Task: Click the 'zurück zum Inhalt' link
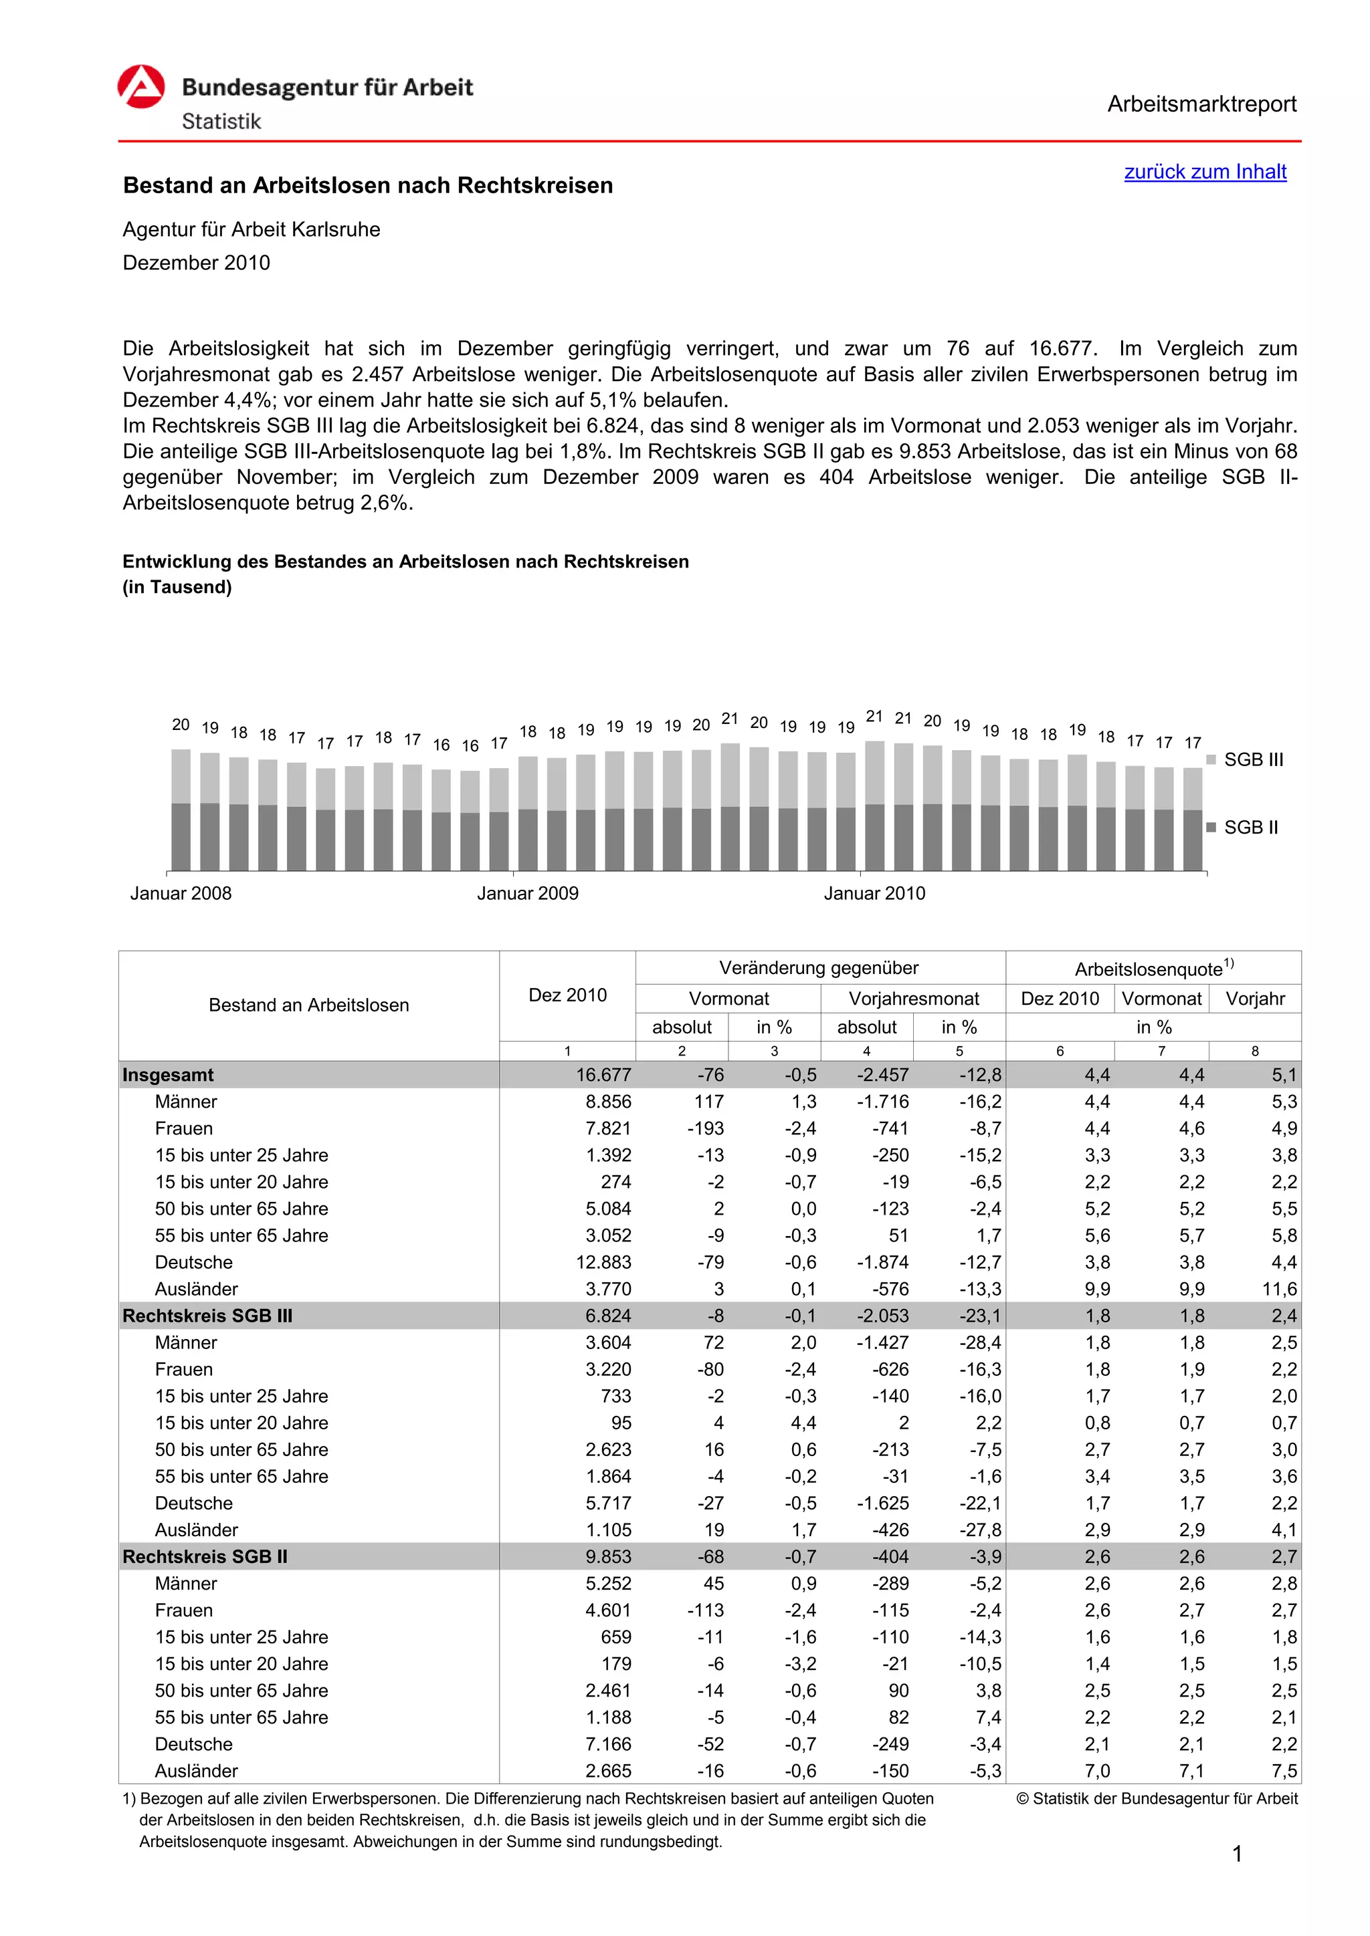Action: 1205,172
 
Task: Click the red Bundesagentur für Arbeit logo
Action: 141,88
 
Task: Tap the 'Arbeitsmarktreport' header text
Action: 1201,104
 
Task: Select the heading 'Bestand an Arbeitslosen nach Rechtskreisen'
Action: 368,185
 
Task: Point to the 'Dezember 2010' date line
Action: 197,263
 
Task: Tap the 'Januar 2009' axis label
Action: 527,894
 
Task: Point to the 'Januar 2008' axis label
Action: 181,894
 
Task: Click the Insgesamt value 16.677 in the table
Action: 603,1075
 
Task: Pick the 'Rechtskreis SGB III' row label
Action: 207,1316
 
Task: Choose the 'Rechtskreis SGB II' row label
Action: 205,1556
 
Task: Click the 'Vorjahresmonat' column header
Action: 914,999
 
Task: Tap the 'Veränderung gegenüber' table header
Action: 818,968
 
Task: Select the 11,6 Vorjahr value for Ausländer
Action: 1279,1290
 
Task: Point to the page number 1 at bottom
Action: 1237,1854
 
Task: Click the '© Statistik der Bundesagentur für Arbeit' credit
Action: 1157,1798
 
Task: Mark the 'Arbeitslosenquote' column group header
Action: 1153,969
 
